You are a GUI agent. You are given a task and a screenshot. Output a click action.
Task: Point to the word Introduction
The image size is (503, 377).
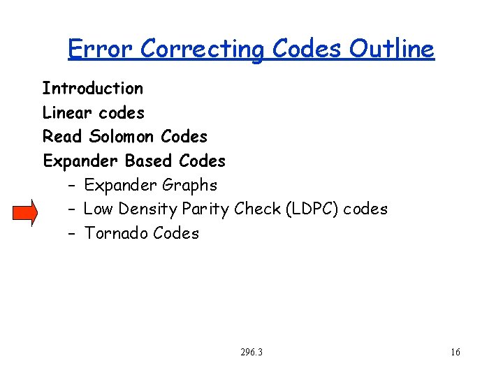[x=92, y=89]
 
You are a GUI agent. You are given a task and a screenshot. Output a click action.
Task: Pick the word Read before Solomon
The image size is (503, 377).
[x=62, y=137]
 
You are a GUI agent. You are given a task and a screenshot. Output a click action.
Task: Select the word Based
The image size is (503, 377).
[x=149, y=161]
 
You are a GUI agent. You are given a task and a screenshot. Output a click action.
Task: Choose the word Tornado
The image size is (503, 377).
[x=115, y=234]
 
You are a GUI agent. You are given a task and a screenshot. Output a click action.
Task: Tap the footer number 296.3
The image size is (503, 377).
[x=251, y=353]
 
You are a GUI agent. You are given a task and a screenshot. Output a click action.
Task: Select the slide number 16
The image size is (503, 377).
[x=455, y=353]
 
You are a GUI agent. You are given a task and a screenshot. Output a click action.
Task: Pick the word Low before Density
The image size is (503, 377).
[x=99, y=209]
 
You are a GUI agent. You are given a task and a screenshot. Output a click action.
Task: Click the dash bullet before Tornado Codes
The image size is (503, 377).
[x=72, y=234]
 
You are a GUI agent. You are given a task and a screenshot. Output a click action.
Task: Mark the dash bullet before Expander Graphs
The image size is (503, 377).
[x=72, y=186]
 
